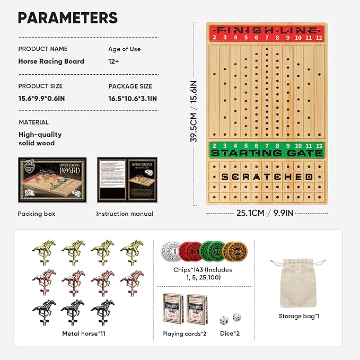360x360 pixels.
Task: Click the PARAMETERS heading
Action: coord(68,17)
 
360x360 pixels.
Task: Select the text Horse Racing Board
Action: coord(51,61)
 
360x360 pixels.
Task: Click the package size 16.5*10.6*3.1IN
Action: coord(133,98)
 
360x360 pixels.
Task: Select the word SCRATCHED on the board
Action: coord(268,176)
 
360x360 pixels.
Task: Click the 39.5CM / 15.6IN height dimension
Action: coord(194,111)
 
